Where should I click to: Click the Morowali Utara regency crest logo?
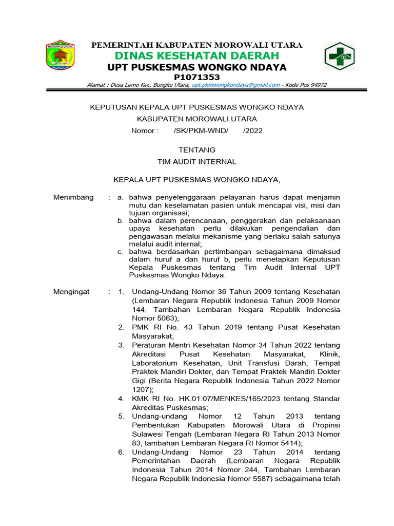(x=60, y=55)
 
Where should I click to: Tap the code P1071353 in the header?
(x=196, y=77)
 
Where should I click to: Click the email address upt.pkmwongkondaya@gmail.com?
(x=235, y=85)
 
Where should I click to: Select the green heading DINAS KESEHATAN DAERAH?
(x=196, y=55)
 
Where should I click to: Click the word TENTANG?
(x=196, y=150)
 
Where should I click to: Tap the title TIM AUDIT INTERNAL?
(x=196, y=161)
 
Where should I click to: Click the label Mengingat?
(x=71, y=292)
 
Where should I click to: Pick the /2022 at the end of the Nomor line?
(x=252, y=130)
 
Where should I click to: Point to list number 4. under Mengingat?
(x=121, y=399)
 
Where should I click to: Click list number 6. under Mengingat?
(x=121, y=452)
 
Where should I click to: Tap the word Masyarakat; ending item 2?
(x=153, y=336)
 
